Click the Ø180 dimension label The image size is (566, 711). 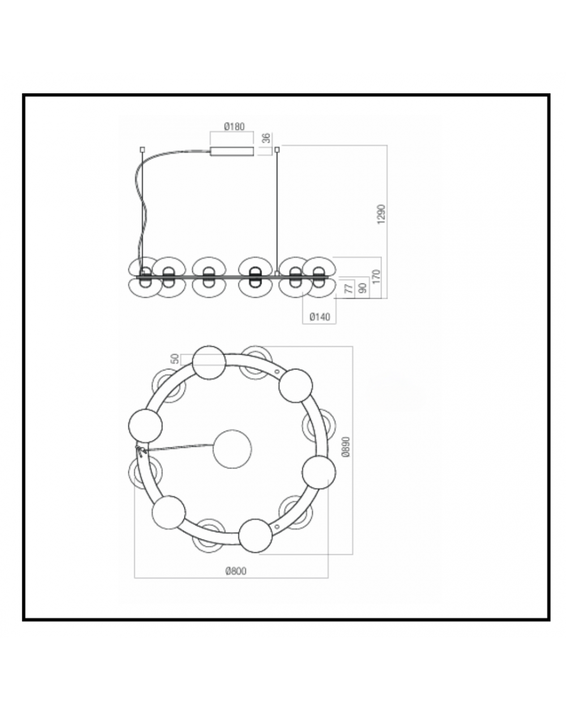(234, 127)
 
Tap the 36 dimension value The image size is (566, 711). (267, 138)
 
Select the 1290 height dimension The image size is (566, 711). (381, 214)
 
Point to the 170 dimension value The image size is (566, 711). (376, 277)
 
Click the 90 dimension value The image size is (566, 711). (363, 288)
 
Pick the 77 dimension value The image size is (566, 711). (349, 288)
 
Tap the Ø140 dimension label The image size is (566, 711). (320, 317)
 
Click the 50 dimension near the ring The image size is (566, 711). (175, 359)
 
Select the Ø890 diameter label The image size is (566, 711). (345, 447)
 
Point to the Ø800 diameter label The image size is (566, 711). (235, 571)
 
